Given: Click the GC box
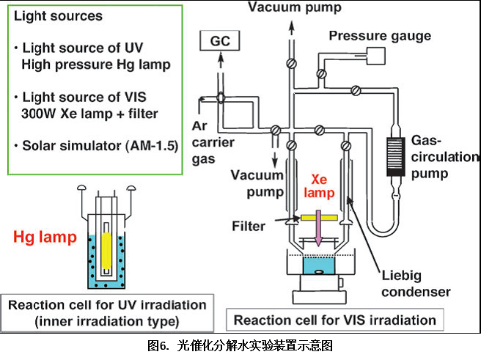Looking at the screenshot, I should (x=219, y=41).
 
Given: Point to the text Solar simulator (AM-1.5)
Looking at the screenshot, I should (x=95, y=145).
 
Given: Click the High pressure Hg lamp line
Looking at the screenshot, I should (x=96, y=65).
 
